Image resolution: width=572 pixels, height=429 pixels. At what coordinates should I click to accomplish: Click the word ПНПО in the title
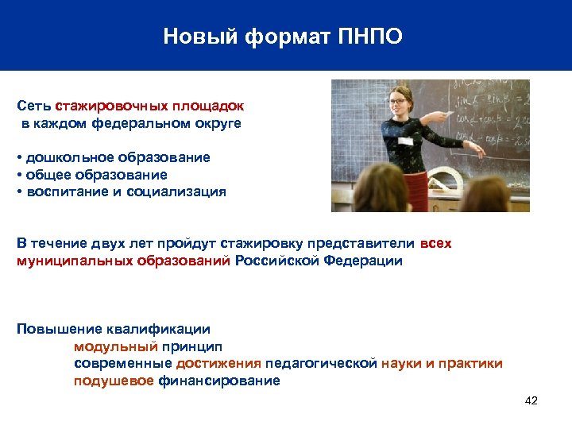click(x=374, y=37)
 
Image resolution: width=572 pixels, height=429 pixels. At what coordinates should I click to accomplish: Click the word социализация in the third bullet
click(x=180, y=191)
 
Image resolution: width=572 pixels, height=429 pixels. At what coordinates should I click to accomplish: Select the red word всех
click(x=435, y=244)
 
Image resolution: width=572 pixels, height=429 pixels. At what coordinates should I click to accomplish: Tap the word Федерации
click(x=363, y=261)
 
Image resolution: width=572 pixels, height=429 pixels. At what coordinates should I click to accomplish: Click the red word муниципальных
click(x=64, y=261)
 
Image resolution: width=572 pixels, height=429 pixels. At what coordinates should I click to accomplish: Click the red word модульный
click(x=115, y=346)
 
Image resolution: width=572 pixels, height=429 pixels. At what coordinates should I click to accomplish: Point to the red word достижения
click(x=218, y=364)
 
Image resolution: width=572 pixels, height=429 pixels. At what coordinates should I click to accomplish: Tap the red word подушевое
click(x=114, y=381)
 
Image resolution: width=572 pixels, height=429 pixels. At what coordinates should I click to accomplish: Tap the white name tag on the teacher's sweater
click(x=405, y=141)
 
